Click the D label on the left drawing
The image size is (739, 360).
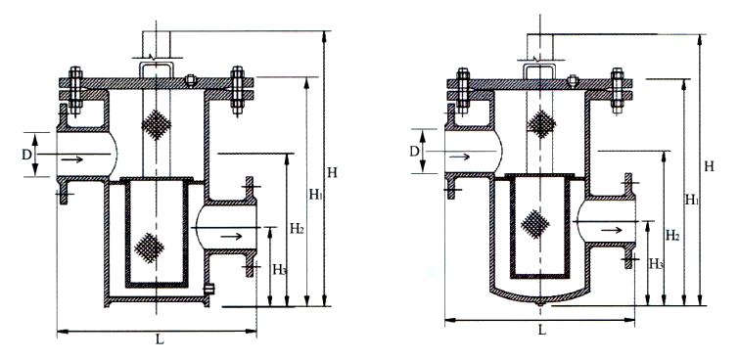(26, 155)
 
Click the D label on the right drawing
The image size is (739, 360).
(415, 153)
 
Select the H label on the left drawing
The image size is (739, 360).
(333, 173)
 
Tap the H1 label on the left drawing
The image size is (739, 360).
(315, 196)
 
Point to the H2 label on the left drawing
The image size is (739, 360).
(297, 228)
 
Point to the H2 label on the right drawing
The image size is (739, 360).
(672, 235)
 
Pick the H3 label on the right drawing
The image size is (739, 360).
(657, 263)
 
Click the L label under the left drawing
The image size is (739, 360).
(160, 341)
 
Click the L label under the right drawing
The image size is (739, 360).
(541, 330)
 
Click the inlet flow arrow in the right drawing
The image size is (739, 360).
(463, 153)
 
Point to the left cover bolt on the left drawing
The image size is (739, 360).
(75, 86)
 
